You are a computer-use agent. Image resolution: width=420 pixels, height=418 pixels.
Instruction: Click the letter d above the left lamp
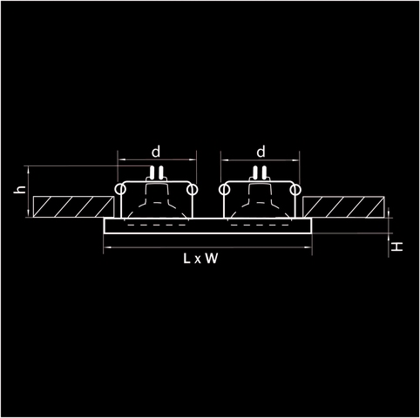tap(156, 152)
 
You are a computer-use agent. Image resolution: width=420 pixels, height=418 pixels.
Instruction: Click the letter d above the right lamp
tap(261, 152)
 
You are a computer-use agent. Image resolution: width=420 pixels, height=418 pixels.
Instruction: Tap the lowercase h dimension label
tap(20, 190)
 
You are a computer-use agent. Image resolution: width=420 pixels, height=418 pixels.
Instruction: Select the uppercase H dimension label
tap(396, 247)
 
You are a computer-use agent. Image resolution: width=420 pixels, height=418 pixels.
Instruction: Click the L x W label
tap(200, 259)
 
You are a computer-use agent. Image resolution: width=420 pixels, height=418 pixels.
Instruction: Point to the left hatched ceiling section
tap(73, 206)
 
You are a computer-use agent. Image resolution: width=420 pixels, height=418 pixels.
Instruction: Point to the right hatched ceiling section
tap(343, 207)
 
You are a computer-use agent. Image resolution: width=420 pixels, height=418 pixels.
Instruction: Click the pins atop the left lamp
tap(156, 172)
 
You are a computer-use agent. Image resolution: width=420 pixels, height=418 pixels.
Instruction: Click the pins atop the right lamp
tap(260, 172)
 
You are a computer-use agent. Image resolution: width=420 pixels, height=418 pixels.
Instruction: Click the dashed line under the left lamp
tap(157, 225)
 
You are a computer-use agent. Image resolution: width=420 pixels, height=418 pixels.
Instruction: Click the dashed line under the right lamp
tap(260, 225)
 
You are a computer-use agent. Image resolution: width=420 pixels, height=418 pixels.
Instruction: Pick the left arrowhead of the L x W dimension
tap(106, 247)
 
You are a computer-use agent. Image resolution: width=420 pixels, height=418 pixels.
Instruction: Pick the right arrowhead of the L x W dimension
tap(309, 247)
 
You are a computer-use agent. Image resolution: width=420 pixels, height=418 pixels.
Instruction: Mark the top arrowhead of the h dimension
tap(29, 168)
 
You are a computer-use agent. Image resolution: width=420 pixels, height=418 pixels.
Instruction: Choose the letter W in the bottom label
tap(212, 259)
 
